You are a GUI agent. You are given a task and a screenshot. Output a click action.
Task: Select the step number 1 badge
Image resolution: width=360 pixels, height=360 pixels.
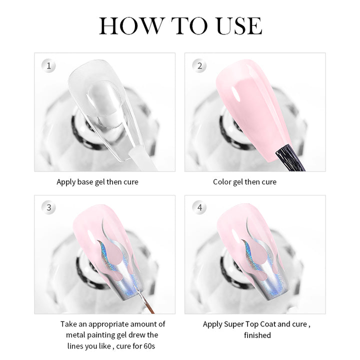(x=48, y=66)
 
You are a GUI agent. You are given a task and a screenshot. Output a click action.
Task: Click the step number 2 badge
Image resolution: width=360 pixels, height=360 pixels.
(x=199, y=66)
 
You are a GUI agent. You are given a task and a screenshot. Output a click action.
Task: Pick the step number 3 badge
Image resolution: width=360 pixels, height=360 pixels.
(x=48, y=208)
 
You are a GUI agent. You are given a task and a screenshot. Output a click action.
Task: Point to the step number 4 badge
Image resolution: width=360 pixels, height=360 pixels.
(x=199, y=208)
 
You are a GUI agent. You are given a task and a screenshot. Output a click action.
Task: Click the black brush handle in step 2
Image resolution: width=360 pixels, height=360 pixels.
(x=291, y=158)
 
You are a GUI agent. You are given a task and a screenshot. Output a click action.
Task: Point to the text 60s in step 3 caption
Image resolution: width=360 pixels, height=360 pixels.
(x=149, y=346)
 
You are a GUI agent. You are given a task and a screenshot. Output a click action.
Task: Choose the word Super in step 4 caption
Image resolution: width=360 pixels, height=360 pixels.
(x=234, y=324)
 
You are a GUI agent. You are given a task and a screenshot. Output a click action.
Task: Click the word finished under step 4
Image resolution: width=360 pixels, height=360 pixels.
(x=257, y=335)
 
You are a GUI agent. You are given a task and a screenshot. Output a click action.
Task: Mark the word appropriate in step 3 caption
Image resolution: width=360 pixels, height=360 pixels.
(x=109, y=324)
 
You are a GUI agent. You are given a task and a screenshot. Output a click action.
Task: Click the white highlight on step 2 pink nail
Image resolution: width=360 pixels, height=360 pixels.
(x=236, y=94)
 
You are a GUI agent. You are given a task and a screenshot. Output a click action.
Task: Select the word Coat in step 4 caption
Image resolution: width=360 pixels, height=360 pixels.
(x=268, y=324)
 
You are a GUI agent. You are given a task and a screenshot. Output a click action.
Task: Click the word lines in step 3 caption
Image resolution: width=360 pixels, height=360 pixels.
(x=75, y=346)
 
